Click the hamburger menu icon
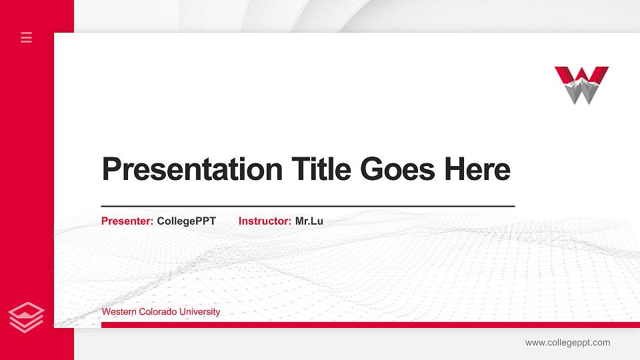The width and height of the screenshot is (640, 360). (x=27, y=37)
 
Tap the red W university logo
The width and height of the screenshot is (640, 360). (x=581, y=85)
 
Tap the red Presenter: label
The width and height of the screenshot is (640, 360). (x=127, y=221)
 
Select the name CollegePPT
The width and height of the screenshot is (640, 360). (x=187, y=221)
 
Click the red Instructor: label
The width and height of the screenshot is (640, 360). (x=265, y=221)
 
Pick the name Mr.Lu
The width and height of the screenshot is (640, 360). (x=309, y=221)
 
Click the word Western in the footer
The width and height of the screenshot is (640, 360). (x=117, y=312)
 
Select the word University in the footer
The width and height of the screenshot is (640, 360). (x=199, y=312)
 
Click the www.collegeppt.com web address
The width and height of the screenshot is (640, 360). (x=567, y=343)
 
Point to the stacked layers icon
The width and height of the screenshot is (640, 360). (x=27, y=317)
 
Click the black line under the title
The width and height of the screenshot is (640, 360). (x=307, y=207)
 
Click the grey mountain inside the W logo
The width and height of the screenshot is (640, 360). (x=582, y=90)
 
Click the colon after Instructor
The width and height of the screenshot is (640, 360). (x=289, y=221)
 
